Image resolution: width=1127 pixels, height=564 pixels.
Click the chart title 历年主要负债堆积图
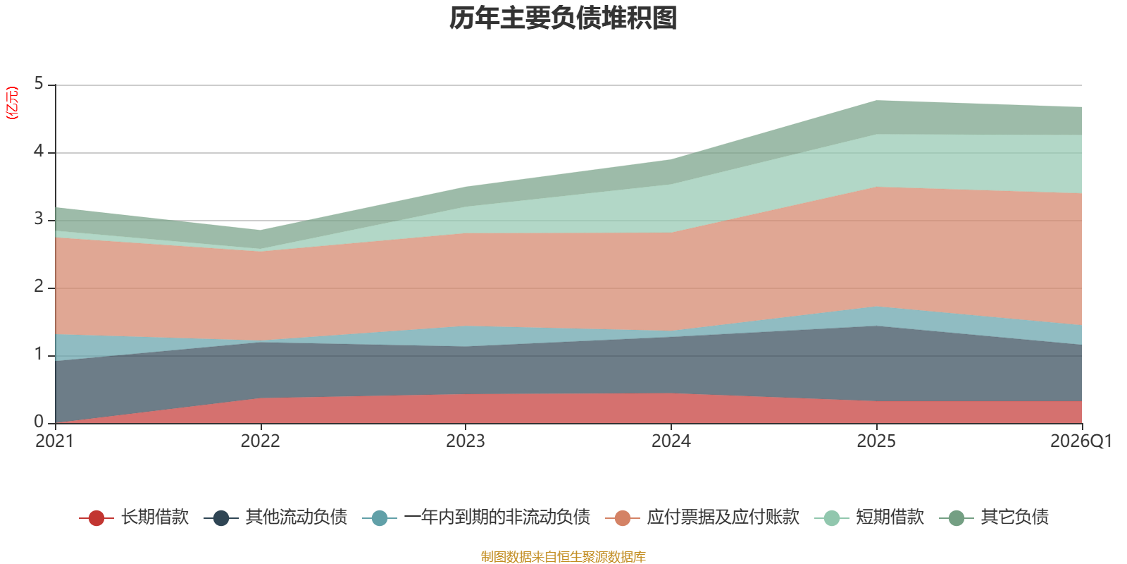click(563, 18)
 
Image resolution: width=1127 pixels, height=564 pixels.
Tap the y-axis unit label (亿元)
click(11, 103)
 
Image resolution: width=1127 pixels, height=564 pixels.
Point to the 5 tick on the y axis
click(39, 84)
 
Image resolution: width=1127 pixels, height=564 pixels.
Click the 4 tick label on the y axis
click(39, 151)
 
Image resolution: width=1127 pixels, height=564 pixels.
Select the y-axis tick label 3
click(39, 219)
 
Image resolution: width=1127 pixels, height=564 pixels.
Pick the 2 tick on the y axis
click(39, 286)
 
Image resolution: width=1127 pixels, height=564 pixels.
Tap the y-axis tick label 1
click(39, 355)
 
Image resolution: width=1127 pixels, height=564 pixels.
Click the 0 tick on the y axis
click(39, 422)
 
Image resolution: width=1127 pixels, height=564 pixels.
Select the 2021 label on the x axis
click(55, 441)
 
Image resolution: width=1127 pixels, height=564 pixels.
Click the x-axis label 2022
click(260, 441)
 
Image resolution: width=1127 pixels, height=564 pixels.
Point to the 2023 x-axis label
click(466, 441)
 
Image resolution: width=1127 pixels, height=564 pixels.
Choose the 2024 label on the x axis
click(671, 441)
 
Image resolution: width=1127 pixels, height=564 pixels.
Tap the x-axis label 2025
click(876, 441)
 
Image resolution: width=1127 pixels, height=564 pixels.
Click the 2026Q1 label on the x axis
click(1081, 441)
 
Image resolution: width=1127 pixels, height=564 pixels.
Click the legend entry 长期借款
click(134, 517)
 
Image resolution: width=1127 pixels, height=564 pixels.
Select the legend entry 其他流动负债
click(275, 517)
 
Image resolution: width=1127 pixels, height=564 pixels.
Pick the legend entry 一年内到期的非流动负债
click(476, 517)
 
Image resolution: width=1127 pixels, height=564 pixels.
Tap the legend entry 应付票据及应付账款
click(702, 517)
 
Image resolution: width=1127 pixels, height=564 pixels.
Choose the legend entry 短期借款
click(869, 517)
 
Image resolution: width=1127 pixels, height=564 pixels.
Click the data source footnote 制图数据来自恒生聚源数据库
click(563, 556)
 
